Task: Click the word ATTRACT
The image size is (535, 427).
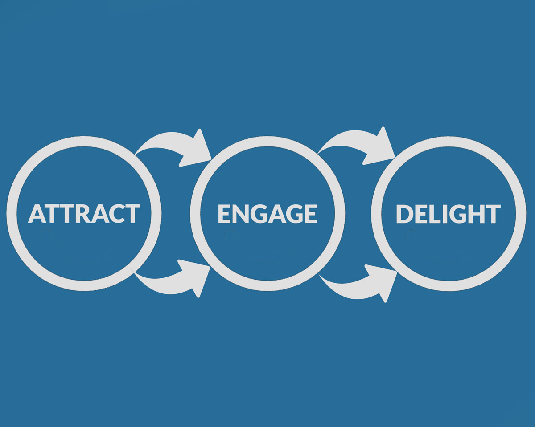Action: (x=84, y=213)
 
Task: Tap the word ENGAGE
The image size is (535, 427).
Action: (x=267, y=213)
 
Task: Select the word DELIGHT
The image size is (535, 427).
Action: (x=448, y=214)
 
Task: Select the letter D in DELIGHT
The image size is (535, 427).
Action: (x=405, y=214)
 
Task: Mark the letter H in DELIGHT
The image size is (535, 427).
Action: (x=477, y=214)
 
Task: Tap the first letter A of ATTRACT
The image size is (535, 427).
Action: (x=37, y=214)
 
